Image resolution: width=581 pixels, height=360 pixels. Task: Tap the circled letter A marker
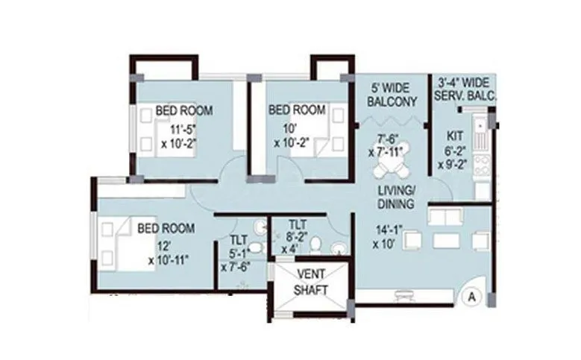click(471, 295)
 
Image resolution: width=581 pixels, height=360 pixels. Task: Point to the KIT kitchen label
click(453, 136)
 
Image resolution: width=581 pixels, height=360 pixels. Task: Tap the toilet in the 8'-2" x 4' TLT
click(315, 244)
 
